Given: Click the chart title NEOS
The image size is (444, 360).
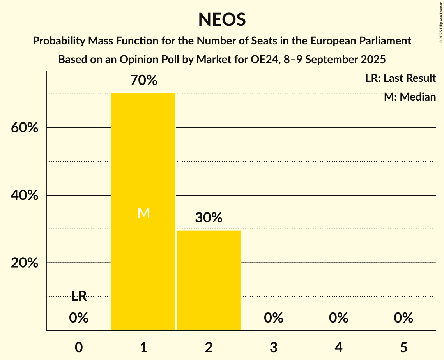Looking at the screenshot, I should (x=222, y=19).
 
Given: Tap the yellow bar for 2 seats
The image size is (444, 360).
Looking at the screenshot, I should (x=209, y=280).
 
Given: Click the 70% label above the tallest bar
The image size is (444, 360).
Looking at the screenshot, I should (x=143, y=81).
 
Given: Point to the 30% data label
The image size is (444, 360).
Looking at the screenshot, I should (x=209, y=218).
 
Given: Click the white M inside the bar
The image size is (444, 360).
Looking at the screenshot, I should (x=143, y=213).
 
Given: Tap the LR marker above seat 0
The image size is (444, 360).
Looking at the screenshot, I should (x=79, y=296).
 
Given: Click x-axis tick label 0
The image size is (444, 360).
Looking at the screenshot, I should (x=79, y=347).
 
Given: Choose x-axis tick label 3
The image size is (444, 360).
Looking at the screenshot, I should (x=274, y=347).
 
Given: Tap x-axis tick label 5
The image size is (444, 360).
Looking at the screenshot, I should (x=403, y=347).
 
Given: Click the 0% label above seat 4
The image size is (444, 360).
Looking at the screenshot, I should (x=338, y=318).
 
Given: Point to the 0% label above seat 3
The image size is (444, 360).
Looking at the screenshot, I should (x=274, y=318).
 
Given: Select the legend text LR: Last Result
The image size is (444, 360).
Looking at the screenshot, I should (x=400, y=78).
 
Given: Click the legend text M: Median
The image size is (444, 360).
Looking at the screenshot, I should (x=410, y=97).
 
